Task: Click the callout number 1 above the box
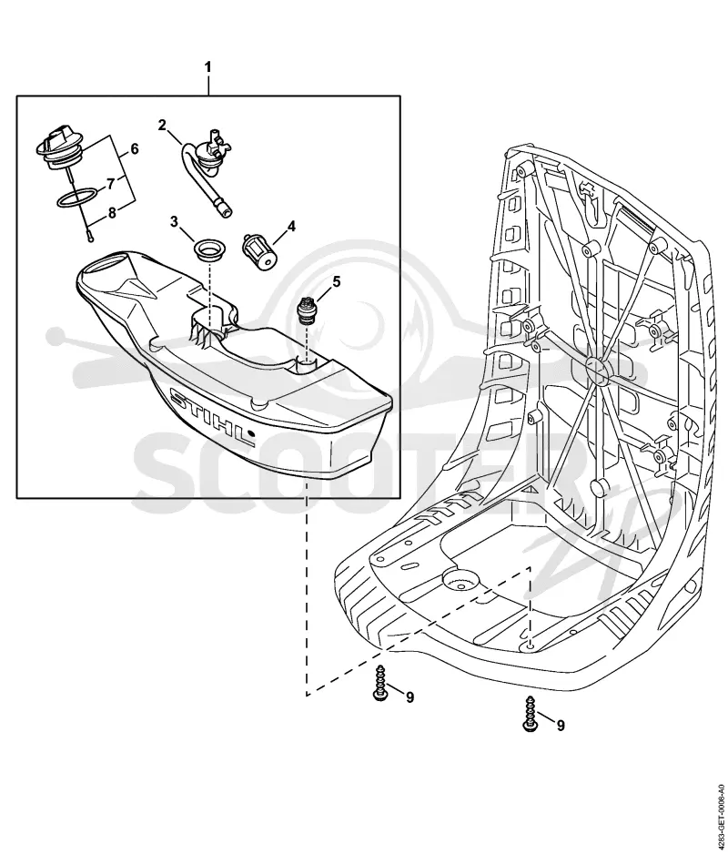coord(207,67)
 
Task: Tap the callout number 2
coord(162,125)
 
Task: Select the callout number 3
coord(174,221)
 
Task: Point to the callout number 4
coord(291,226)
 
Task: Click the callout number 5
coord(337,281)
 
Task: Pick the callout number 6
coord(135,148)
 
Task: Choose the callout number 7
coord(110,184)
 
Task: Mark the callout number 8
coord(112,212)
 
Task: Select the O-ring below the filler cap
coord(78,198)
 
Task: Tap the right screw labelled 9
coord(530,714)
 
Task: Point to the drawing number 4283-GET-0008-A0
coord(721,811)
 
